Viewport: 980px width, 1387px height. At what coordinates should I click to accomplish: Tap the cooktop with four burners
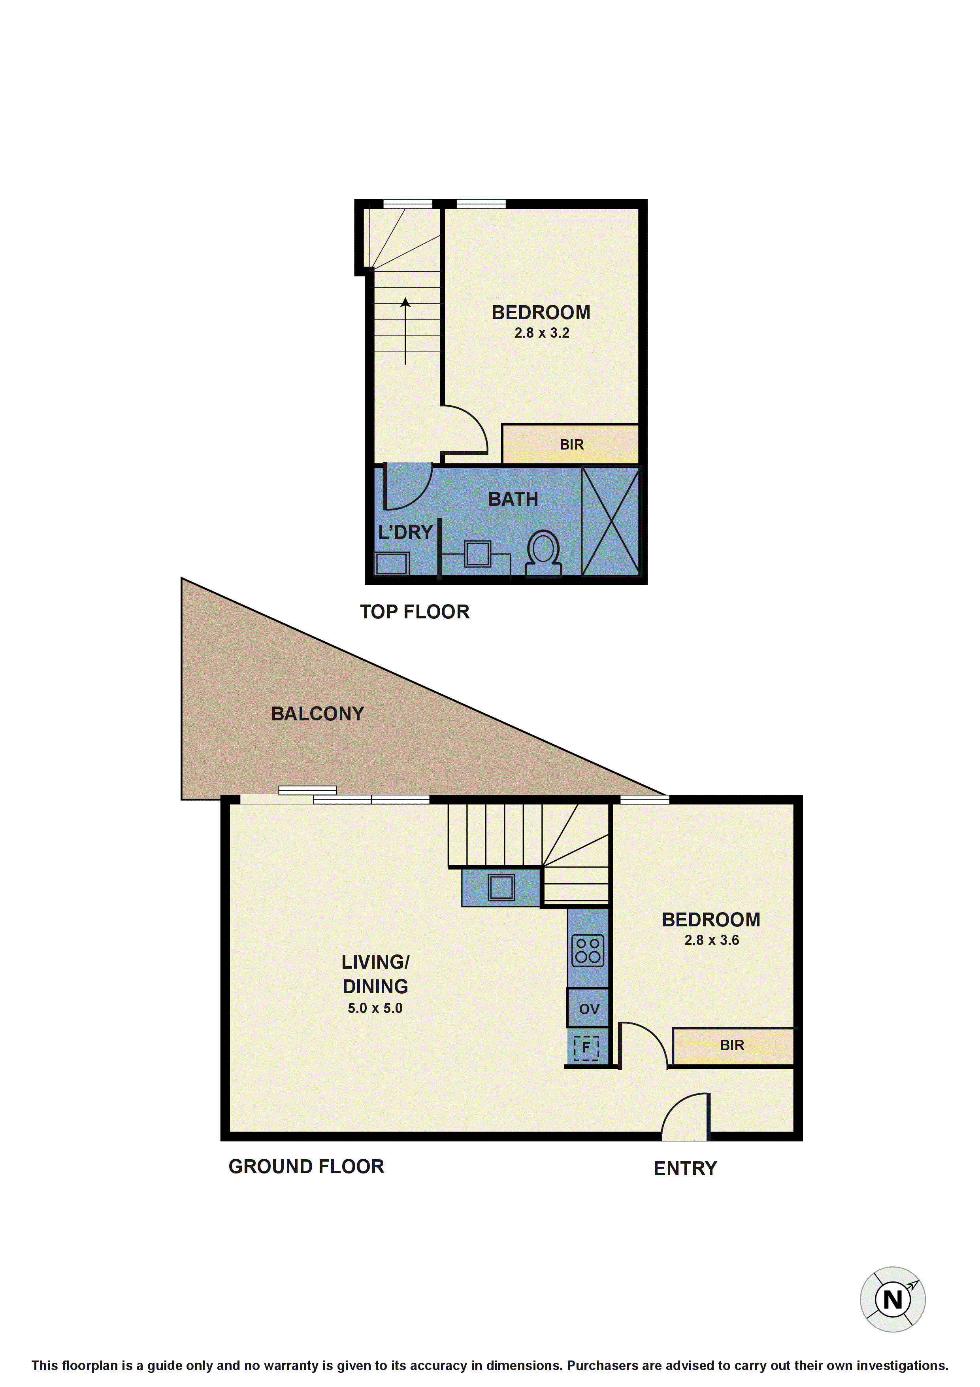point(588,951)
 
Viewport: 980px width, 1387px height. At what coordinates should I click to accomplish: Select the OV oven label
point(589,1009)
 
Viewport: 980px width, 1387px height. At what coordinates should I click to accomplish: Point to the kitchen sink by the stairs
point(501,887)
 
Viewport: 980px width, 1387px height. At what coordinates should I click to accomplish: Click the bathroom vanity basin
point(478,554)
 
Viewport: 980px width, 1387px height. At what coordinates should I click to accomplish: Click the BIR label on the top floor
point(571,445)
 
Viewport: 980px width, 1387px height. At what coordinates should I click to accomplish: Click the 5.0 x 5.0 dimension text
point(375,1007)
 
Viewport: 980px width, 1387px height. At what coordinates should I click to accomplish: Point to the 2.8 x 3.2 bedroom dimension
point(542,333)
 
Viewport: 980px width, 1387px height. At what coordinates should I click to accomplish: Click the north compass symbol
point(892,1299)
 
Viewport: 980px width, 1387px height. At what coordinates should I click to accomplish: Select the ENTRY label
point(685,1168)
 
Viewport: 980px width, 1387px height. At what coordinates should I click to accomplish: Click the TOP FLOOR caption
point(415,612)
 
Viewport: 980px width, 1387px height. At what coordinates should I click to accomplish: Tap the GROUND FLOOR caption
point(306,1166)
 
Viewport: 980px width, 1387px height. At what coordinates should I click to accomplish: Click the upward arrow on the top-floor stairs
point(405,331)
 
